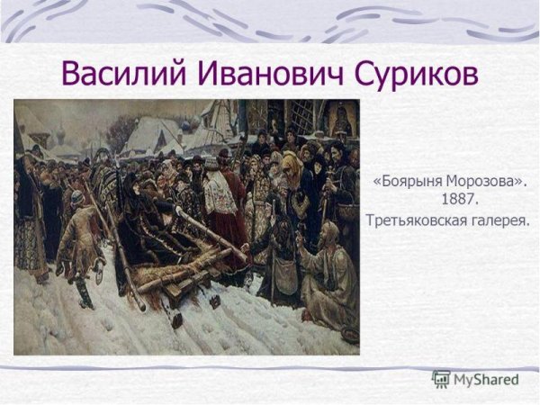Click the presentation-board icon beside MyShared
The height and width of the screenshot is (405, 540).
tap(441, 380)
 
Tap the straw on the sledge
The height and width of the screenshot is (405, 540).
tap(180, 270)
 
